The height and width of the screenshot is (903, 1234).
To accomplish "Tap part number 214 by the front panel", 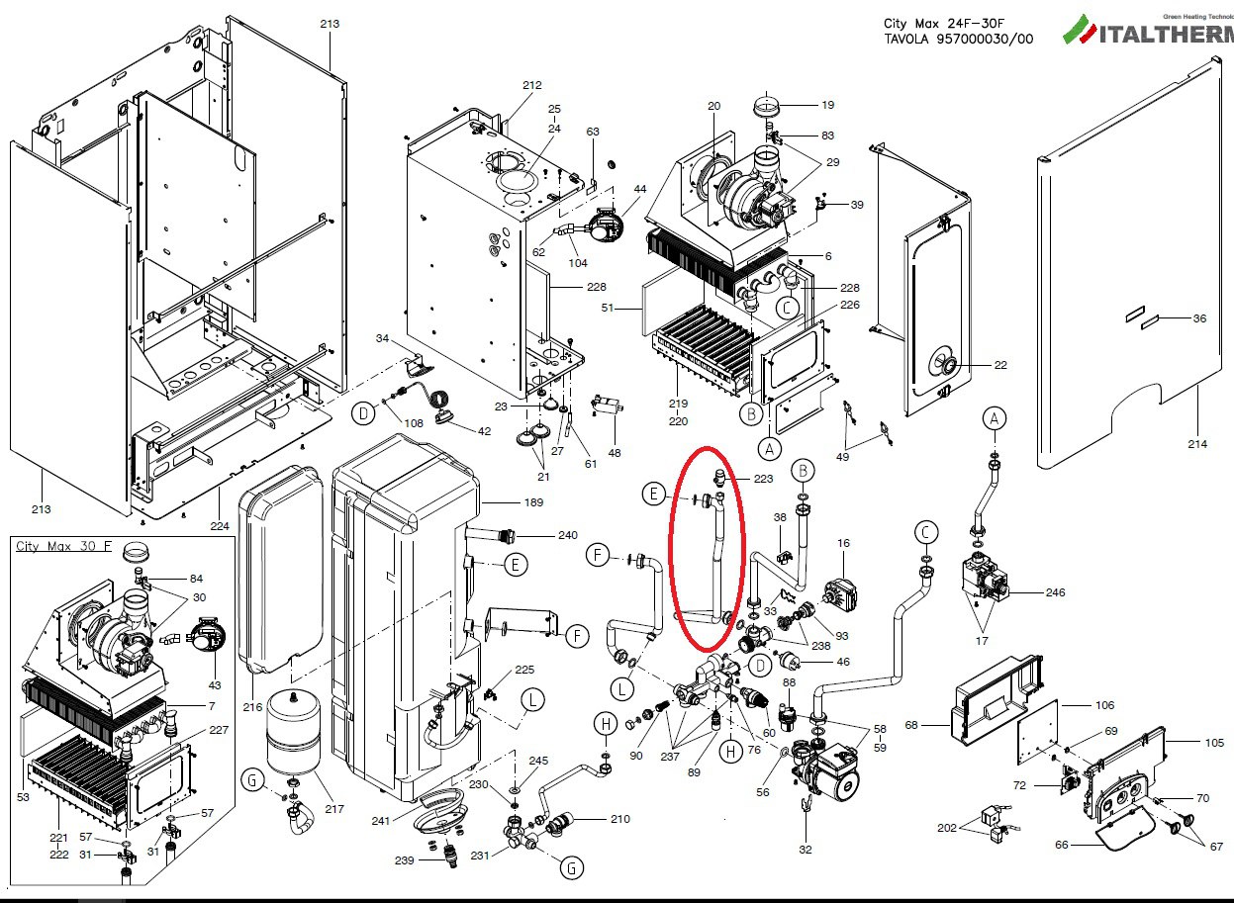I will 1197,444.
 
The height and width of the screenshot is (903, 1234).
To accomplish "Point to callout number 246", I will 1056,592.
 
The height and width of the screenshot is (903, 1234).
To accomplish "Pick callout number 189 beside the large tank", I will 506,502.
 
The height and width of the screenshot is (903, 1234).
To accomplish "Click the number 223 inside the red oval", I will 763,479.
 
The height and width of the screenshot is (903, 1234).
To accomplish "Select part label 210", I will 620,818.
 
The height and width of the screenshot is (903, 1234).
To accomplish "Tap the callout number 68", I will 911,725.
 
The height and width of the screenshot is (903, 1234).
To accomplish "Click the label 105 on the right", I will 1214,742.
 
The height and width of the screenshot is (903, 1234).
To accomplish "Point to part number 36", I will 1199,318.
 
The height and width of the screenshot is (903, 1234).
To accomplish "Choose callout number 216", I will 253,707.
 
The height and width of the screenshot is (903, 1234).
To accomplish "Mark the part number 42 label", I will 484,431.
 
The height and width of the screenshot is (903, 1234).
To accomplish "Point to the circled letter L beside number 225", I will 533,700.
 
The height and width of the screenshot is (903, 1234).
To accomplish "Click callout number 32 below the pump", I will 806,849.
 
